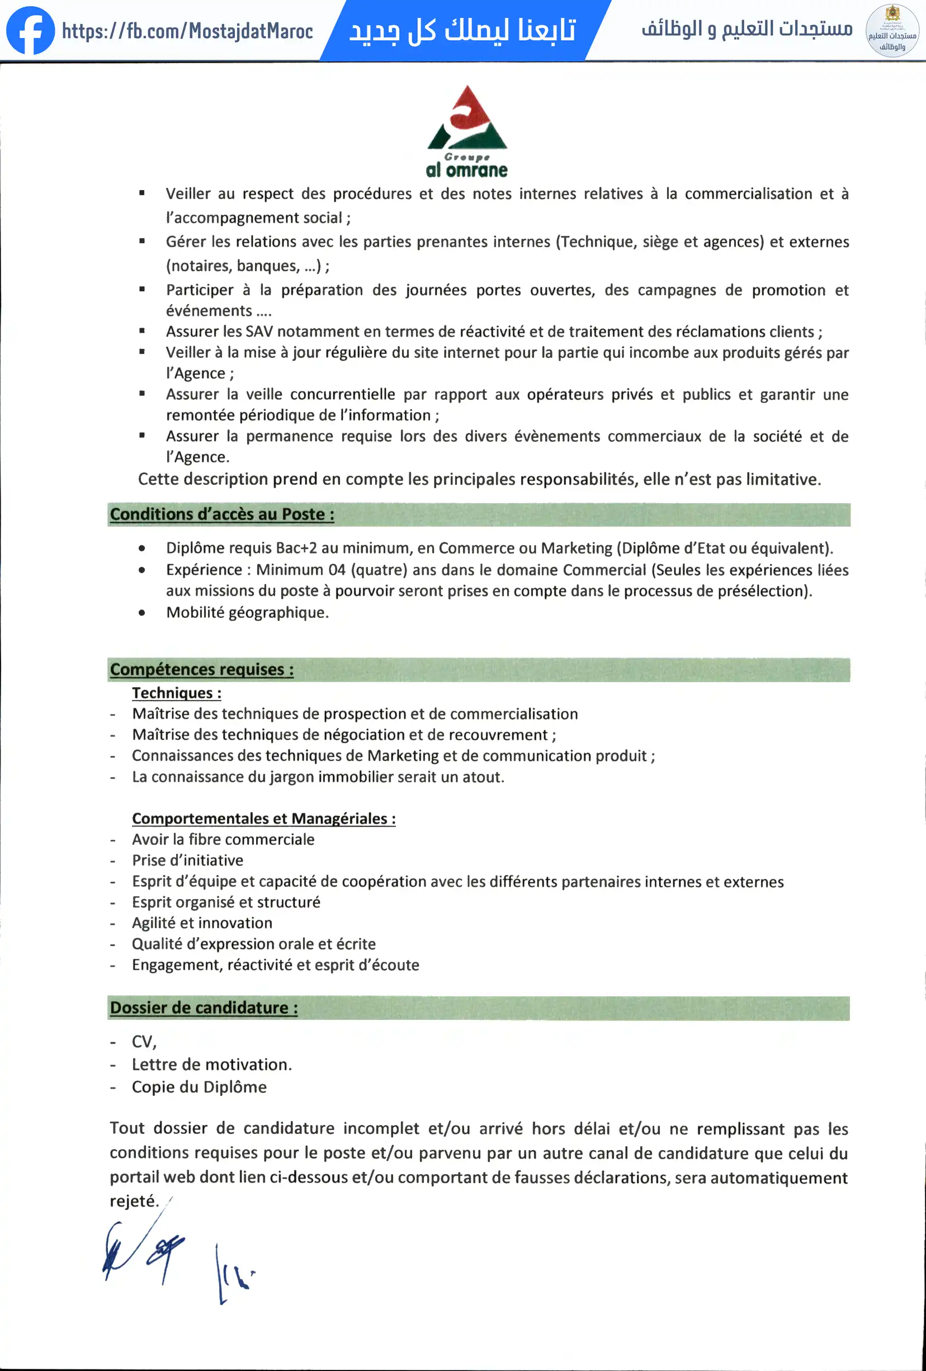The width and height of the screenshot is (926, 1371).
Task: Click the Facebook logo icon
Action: [30, 30]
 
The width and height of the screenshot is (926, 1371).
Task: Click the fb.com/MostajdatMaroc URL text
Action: [187, 31]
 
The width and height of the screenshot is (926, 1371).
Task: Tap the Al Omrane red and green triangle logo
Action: [466, 118]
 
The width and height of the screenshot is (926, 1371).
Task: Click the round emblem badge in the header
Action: [892, 31]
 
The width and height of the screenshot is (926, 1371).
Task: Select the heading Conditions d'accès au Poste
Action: [222, 514]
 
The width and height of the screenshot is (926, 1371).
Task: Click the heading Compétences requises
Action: [202, 670]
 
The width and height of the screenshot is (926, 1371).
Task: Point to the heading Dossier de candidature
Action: [204, 1008]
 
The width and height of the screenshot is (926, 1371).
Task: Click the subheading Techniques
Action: [176, 693]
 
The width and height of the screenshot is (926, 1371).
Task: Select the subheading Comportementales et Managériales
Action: [263, 818]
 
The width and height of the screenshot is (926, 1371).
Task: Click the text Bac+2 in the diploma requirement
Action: [296, 548]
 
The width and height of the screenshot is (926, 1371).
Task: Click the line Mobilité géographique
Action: [247, 612]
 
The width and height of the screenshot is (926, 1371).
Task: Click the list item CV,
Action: [144, 1042]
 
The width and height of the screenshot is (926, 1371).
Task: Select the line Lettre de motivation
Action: [212, 1064]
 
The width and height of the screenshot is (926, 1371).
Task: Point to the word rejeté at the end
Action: [133, 1200]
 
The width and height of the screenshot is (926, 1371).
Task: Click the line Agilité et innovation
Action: [202, 923]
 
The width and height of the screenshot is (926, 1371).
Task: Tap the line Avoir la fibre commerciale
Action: [223, 839]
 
